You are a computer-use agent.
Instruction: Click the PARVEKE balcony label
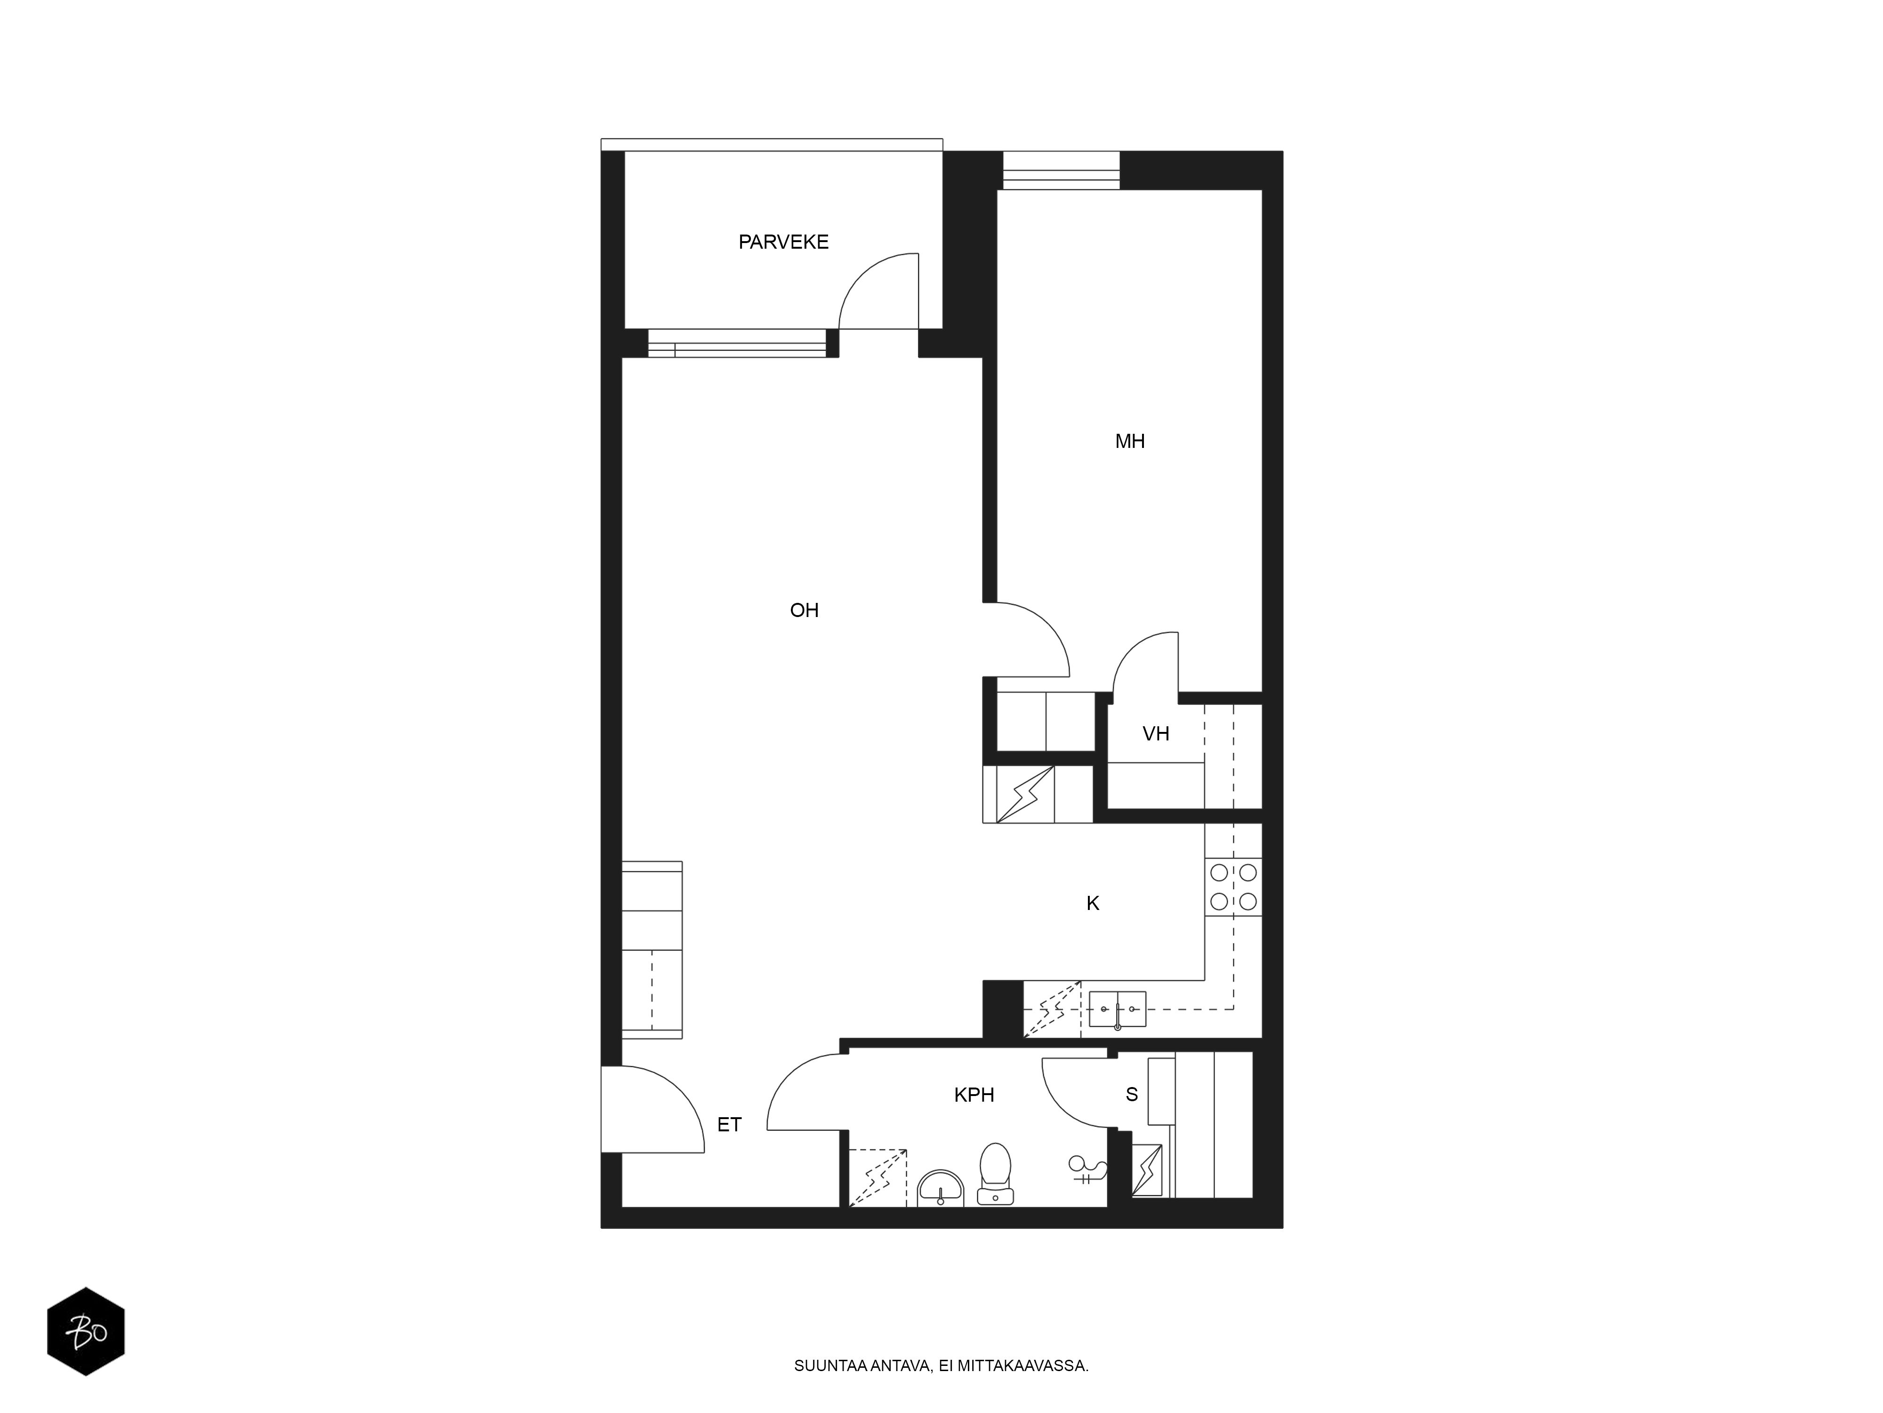pos(783,242)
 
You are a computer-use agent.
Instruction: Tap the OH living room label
pos(805,610)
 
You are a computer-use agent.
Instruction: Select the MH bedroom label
pos(1130,441)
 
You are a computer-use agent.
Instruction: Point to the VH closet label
pos(1155,733)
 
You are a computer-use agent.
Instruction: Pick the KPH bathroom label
pos(974,1095)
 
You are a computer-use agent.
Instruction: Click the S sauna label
pos(1131,1095)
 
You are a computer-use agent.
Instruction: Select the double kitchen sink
pos(1118,1009)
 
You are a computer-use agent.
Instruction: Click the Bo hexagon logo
pos(86,1331)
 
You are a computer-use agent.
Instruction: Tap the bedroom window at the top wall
pos(1061,171)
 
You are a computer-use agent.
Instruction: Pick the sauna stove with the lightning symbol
pos(1147,1170)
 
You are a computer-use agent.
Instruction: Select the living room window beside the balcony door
pos(737,343)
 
